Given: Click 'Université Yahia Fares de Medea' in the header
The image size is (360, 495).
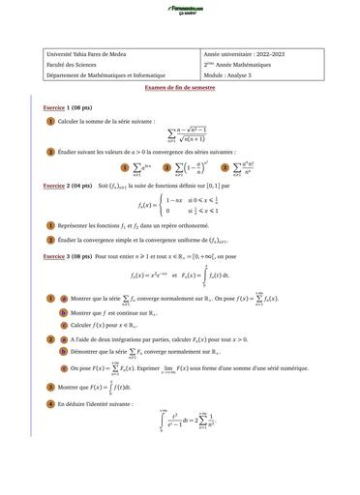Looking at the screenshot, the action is tap(87, 55).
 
